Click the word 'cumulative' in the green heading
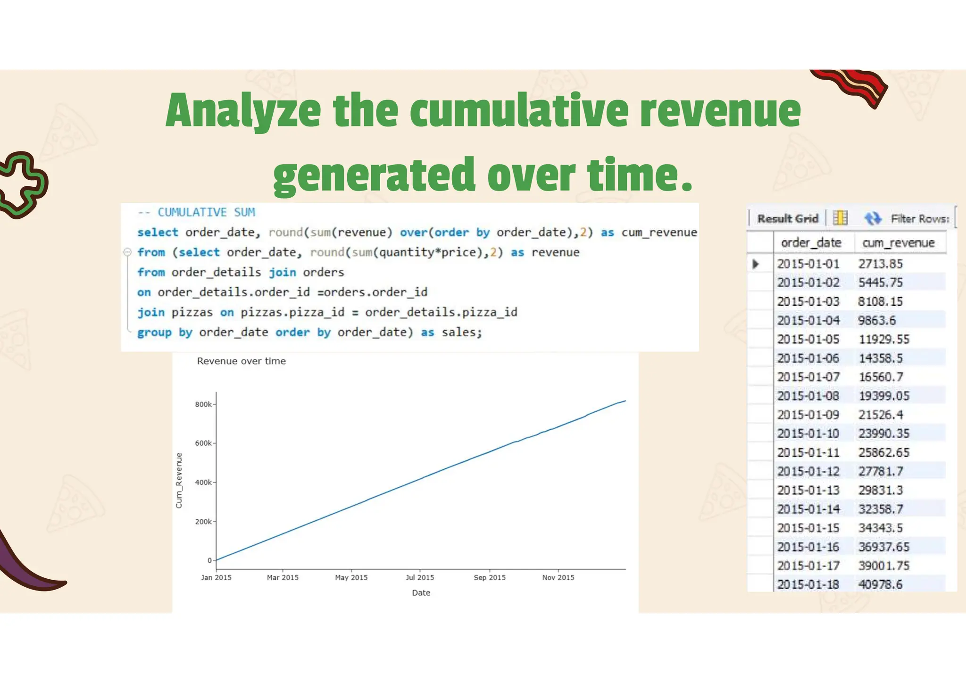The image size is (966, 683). point(519,111)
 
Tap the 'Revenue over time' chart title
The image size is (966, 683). point(241,361)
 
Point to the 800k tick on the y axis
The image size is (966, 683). point(203,405)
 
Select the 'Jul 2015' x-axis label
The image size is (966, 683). point(420,578)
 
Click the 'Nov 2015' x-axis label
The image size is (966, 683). point(558,578)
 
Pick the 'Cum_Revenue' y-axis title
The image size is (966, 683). point(179,481)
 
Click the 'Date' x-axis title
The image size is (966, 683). point(421,593)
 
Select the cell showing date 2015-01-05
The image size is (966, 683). point(808,340)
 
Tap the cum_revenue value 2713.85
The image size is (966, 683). point(880,264)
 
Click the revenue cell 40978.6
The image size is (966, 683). point(880,585)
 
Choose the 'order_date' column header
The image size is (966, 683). point(811,243)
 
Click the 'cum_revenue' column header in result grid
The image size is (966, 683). point(898,243)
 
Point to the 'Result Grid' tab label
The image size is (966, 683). point(788,219)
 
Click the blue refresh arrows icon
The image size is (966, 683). point(873,218)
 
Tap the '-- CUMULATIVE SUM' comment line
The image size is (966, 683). point(196,213)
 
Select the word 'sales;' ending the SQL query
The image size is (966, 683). point(462,333)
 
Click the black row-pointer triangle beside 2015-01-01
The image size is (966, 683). point(756,264)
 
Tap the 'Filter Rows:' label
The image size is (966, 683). point(920,219)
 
